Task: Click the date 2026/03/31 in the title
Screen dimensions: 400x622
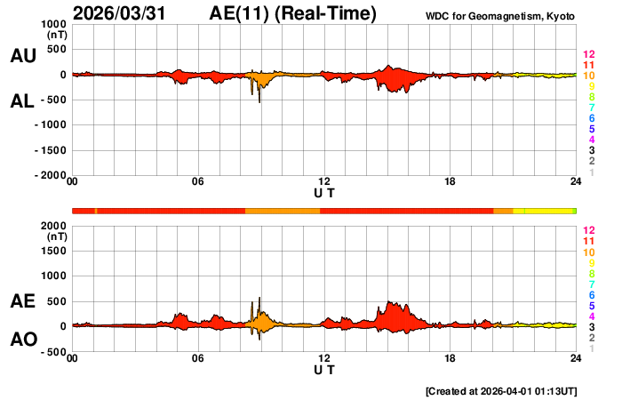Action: [124, 13]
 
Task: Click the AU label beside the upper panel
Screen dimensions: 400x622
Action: [23, 56]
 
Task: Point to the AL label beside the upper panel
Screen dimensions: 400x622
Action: [23, 101]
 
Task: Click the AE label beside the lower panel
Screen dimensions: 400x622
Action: [23, 301]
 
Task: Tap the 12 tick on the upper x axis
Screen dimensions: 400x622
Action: [324, 182]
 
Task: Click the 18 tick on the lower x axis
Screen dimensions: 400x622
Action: [451, 358]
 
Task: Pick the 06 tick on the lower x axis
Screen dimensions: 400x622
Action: [198, 358]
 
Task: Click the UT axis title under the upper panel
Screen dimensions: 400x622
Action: [324, 192]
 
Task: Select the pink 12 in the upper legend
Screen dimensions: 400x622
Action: [588, 55]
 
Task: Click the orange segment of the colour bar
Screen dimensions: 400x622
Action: [282, 210]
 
